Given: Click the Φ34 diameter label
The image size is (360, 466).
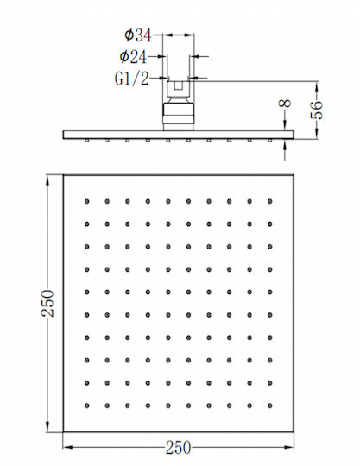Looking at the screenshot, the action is (138, 35).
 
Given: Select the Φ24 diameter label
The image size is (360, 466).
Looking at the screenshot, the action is (133, 56).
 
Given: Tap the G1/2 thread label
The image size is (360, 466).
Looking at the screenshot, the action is (132, 79).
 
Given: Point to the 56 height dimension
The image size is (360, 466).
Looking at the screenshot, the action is (317, 110).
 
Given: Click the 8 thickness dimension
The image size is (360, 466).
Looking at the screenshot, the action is (285, 104).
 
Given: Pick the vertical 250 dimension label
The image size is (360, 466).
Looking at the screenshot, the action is (47, 303).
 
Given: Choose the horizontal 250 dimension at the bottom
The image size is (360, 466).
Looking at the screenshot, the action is (178, 448).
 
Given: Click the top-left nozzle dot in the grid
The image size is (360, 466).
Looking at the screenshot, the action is (87, 201).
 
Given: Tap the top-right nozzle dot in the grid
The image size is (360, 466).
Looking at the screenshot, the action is (270, 201).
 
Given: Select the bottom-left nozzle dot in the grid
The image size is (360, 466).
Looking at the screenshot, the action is (87, 406).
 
